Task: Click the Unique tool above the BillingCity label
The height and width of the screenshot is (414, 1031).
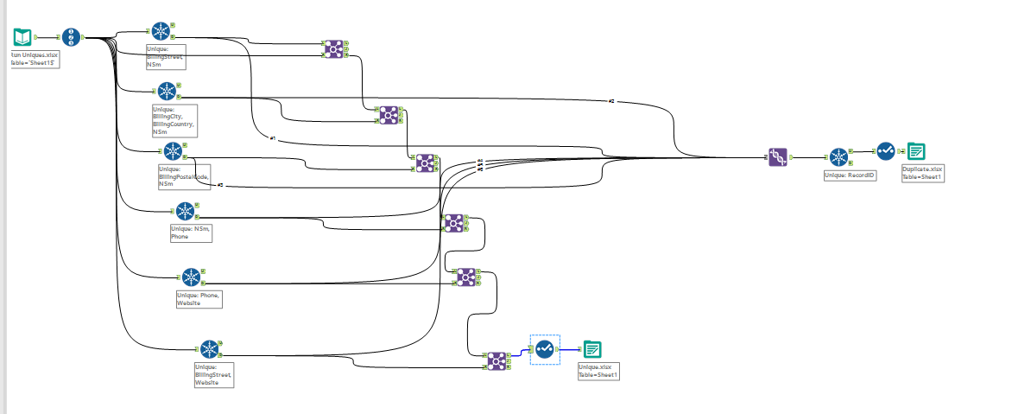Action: (x=168, y=91)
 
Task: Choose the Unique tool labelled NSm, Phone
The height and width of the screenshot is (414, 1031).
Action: (x=186, y=211)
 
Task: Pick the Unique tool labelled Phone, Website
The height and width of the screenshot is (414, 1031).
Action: (x=191, y=277)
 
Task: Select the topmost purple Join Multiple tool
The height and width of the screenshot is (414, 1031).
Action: (x=332, y=49)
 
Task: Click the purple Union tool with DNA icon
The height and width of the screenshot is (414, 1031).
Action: (x=778, y=157)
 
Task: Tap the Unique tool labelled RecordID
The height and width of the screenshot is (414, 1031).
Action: (x=838, y=157)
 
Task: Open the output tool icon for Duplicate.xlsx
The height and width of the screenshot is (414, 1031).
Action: (x=916, y=151)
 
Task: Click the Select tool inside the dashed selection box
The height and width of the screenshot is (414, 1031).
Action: (x=545, y=349)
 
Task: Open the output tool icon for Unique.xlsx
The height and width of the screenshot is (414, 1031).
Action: (x=592, y=349)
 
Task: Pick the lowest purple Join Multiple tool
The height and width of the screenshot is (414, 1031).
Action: (x=496, y=360)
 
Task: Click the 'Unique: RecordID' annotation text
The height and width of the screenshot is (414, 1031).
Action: (x=851, y=175)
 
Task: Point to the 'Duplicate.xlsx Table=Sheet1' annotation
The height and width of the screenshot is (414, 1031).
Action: (x=923, y=173)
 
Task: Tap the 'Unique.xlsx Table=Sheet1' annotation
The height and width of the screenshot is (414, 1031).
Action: (x=598, y=372)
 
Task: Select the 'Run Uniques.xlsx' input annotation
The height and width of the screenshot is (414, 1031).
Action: (x=35, y=59)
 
